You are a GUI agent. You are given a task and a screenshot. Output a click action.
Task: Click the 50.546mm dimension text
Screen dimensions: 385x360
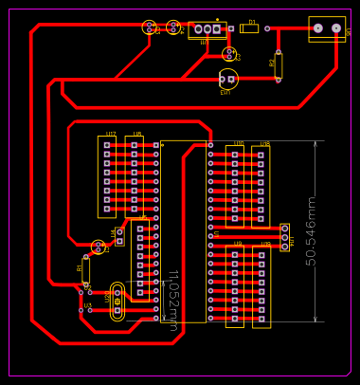pos(311,230)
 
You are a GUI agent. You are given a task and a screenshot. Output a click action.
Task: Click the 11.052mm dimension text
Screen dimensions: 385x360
pos(173,300)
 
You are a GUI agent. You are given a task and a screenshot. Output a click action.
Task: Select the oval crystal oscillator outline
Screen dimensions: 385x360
pos(117,302)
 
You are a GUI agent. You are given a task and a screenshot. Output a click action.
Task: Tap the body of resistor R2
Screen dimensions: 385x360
pos(279,64)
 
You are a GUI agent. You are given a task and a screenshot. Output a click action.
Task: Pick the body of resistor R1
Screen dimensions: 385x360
pos(85,271)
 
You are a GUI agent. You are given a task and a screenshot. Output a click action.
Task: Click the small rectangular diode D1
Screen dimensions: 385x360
pos(249,28)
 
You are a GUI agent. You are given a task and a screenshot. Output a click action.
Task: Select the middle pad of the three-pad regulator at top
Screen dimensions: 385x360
pos(207,29)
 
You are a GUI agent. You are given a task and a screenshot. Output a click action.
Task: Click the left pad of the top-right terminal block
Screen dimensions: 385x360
pos(318,28)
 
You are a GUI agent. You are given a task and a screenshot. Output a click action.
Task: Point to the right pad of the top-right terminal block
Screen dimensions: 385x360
pos(335,28)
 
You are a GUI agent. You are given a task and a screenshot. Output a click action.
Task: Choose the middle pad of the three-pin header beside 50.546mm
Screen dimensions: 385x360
pos(284,235)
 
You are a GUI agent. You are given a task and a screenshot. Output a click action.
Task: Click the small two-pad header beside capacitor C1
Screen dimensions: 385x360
pos(119,236)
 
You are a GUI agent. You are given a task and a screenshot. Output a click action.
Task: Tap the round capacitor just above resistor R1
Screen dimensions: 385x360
pos(98,247)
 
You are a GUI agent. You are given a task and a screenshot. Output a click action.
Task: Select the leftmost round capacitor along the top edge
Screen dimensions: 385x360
pos(150,27)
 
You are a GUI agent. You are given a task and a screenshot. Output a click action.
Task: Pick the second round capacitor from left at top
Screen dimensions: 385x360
pos(173,27)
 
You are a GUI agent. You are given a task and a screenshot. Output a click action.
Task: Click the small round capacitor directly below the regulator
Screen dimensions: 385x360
pos(229,55)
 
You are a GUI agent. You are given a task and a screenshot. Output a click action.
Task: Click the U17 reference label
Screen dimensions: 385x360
pos(111,134)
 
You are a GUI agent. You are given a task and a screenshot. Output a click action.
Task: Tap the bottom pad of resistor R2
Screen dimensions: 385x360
pos(279,80)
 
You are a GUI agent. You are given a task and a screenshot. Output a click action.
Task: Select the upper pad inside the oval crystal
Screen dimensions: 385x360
pos(117,295)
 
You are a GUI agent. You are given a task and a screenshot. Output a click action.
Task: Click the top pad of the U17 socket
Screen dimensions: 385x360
pos(107,144)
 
